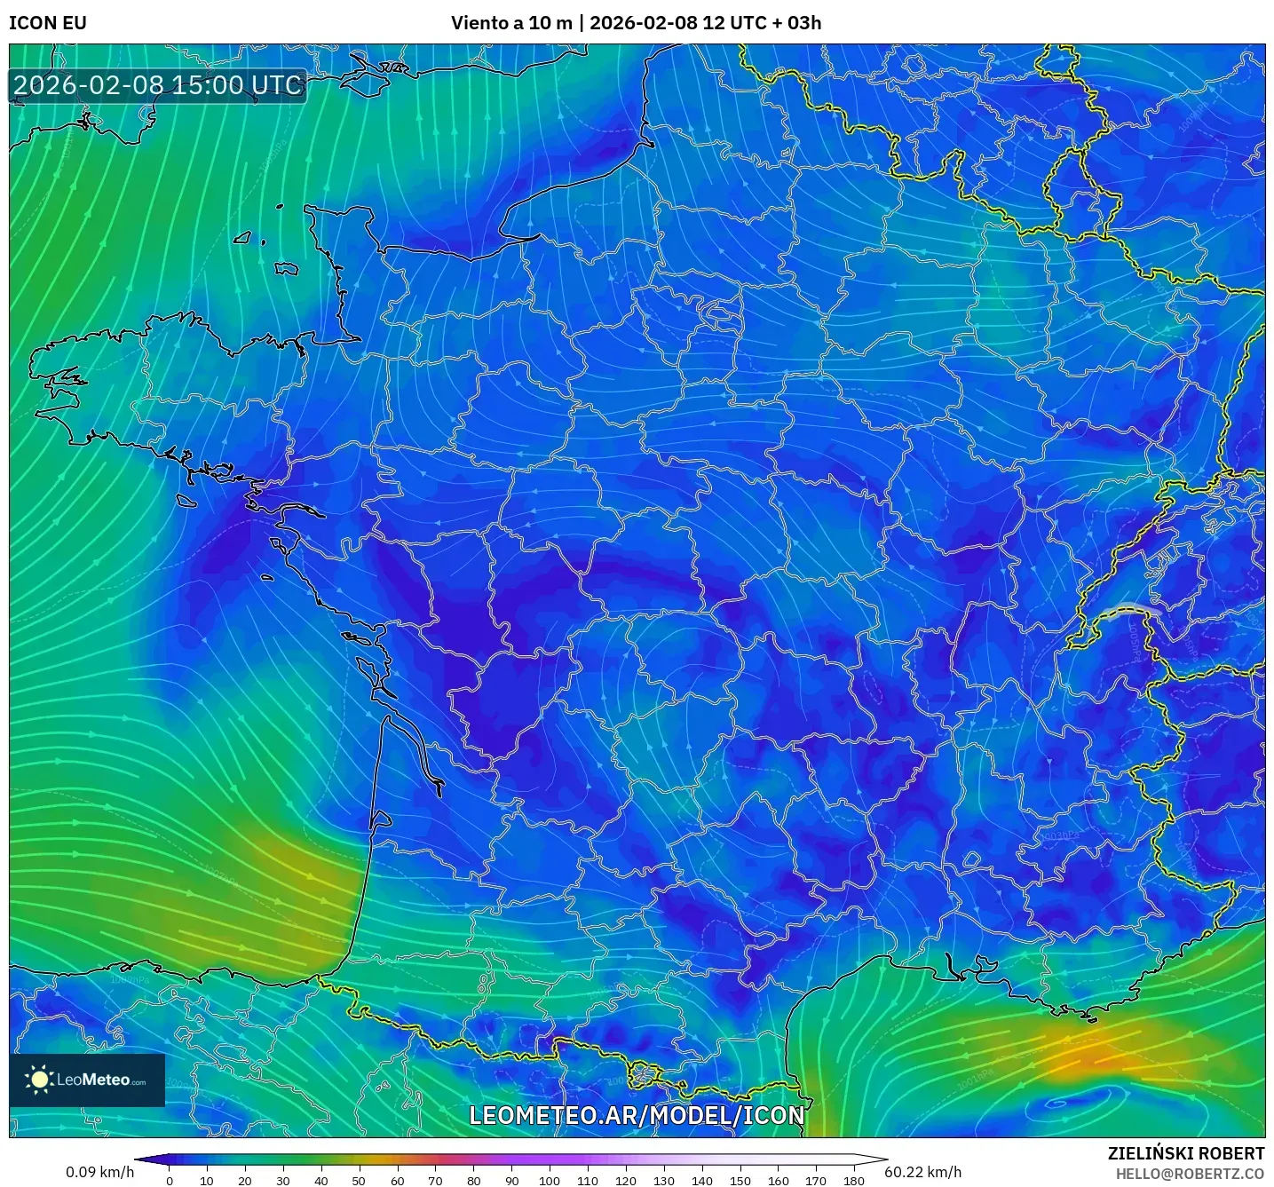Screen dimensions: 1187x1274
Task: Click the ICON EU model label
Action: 48,23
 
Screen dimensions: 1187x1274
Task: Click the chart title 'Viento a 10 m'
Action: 511,23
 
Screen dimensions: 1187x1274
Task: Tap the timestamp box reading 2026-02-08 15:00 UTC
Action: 158,85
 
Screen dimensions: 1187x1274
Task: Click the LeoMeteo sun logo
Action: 40,1080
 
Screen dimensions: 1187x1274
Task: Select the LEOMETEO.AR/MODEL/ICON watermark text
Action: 636,1115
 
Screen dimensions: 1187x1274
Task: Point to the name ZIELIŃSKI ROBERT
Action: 1186,1153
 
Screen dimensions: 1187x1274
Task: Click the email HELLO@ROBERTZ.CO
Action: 1190,1174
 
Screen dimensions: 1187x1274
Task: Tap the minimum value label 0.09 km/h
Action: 99,1172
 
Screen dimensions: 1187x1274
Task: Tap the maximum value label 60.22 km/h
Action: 923,1172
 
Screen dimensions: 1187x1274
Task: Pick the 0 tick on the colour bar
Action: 170,1180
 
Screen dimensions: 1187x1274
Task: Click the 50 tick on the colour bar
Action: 359,1180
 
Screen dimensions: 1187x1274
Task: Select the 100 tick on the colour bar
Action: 550,1180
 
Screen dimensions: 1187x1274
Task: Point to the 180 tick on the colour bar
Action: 854,1180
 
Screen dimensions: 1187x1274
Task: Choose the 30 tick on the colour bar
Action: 283,1180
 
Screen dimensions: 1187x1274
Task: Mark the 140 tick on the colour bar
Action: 702,1180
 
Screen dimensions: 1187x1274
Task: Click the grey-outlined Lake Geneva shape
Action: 1134,609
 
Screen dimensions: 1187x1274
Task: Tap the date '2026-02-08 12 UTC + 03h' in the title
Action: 705,23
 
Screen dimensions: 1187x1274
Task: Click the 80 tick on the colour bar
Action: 473,1180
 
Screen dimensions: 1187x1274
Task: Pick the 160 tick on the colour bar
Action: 779,1180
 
